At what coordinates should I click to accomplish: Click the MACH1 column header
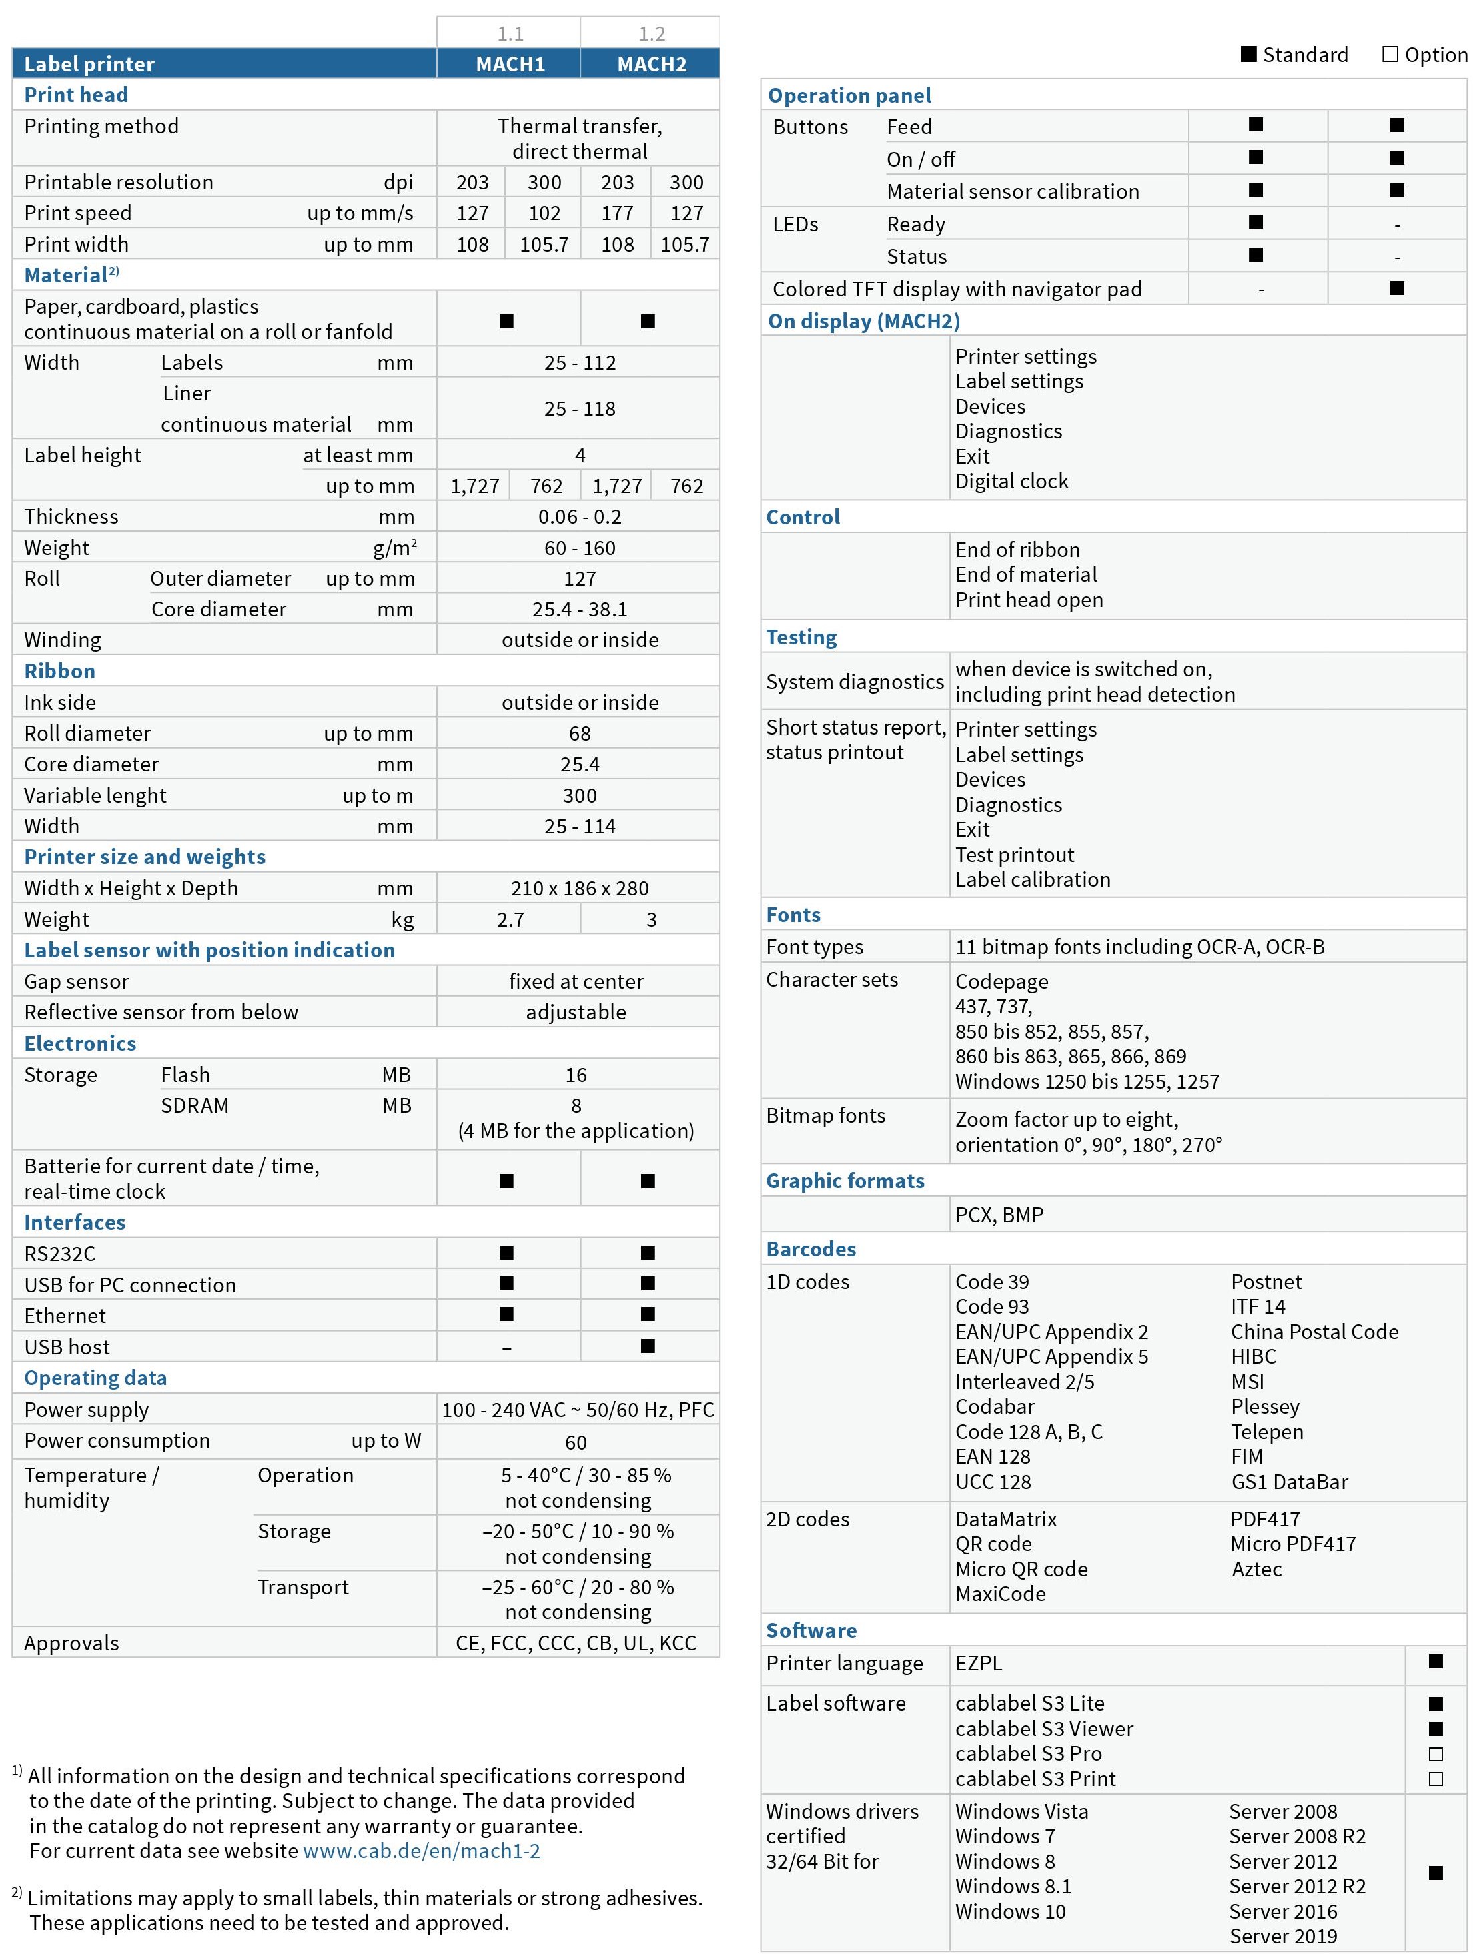(x=510, y=63)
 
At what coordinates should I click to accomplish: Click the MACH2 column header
(x=651, y=63)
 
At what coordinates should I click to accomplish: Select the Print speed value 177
(x=616, y=213)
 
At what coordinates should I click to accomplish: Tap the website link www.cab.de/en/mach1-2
(x=422, y=1851)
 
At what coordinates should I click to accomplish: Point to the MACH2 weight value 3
(x=651, y=919)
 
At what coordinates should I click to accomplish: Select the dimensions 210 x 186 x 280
(x=580, y=888)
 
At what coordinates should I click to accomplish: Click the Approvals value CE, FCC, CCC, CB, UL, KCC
(x=576, y=1643)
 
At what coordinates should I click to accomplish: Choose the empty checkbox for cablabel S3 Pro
(x=1435, y=1753)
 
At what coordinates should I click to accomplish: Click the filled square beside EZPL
(x=1435, y=1662)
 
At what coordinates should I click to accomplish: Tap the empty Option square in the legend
(x=1390, y=55)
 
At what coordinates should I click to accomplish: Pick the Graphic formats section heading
(x=845, y=1181)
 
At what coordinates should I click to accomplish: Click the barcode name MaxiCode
(x=1000, y=1594)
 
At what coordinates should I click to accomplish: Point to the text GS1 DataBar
(x=1289, y=1482)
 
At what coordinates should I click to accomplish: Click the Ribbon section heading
(x=59, y=671)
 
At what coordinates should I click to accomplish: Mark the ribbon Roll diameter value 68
(x=580, y=733)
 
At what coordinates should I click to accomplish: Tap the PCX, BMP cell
(x=999, y=1215)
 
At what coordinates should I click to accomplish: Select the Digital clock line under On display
(x=1011, y=482)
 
